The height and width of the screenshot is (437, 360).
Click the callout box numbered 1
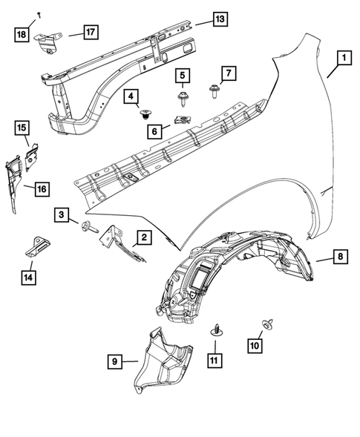[x=343, y=56]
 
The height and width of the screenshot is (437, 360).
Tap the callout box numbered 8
[x=339, y=257]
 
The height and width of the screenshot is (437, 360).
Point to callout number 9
[x=114, y=362]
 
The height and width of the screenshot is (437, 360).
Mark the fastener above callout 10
[x=265, y=323]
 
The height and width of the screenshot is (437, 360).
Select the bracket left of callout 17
[x=48, y=42]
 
